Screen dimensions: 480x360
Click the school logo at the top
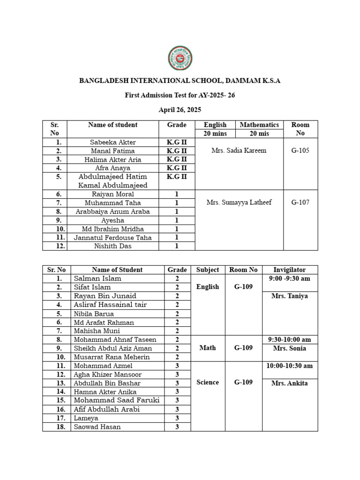point(180,59)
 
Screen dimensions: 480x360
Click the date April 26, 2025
point(180,110)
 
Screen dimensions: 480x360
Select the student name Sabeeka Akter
point(112,142)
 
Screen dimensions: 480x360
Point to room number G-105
point(300,150)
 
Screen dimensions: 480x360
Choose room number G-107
point(300,202)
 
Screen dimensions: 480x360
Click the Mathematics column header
point(259,125)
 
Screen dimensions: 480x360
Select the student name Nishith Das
point(112,246)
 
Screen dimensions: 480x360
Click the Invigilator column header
point(290,270)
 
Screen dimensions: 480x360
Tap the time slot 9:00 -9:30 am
point(290,278)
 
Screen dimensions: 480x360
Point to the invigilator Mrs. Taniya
point(290,296)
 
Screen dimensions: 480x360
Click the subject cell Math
point(208,348)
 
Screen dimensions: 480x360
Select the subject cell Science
point(208,382)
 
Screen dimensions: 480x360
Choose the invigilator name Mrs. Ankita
point(290,383)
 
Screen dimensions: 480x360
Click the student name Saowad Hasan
point(97,427)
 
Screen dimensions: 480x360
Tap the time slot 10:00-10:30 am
point(290,366)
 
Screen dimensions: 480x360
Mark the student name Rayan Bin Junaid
point(105,296)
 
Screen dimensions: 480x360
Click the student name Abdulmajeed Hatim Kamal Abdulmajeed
point(112,181)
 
